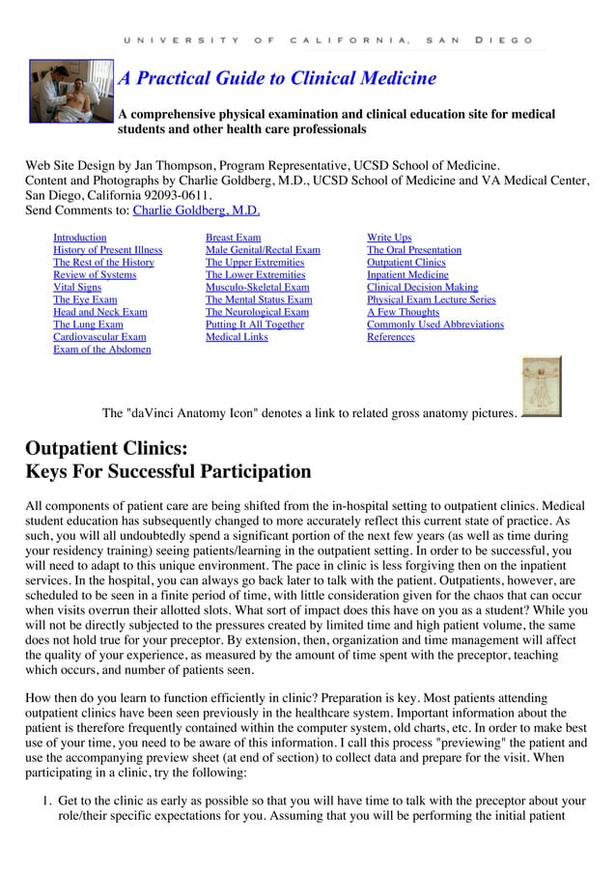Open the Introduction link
click(79, 238)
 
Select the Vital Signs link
click(76, 288)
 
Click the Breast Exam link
click(233, 238)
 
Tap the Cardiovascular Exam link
click(99, 337)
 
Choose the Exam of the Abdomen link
click(101, 350)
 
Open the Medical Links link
click(237, 337)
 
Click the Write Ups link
click(389, 238)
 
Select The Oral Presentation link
click(413, 250)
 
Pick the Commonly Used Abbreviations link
click(434, 324)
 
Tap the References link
click(390, 337)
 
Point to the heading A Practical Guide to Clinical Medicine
click(277, 78)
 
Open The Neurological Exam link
click(257, 312)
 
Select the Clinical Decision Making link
click(422, 288)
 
